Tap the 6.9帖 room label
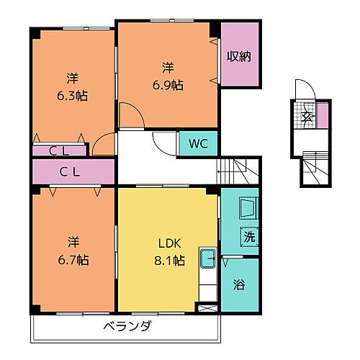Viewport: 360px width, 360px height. coord(167,76)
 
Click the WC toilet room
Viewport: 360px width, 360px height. coord(198,143)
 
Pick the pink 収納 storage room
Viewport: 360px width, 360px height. coord(239,56)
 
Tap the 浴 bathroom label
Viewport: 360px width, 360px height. coord(239,284)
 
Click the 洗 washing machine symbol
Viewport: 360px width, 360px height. coord(248,237)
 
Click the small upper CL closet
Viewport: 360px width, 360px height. coord(59,150)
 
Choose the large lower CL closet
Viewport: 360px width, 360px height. coord(72,171)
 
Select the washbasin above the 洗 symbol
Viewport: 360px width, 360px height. coord(247,209)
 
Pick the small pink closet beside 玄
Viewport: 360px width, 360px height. coord(322,115)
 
